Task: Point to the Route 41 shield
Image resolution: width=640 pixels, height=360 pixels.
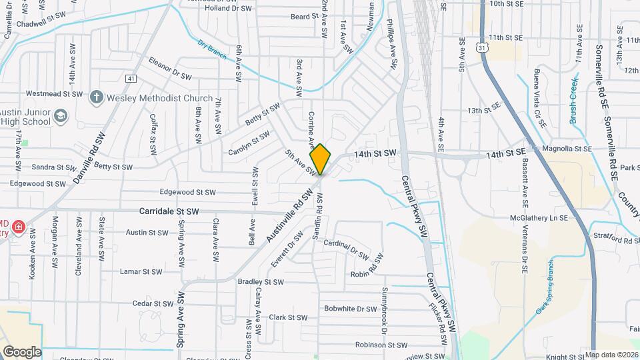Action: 131,79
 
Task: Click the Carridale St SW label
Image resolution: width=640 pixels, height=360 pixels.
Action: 169,211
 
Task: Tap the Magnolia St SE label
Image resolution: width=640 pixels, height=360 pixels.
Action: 566,149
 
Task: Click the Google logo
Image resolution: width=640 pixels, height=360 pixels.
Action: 21,352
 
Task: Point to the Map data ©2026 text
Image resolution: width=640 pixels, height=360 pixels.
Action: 611,354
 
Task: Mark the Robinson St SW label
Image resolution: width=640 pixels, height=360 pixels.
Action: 381,345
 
